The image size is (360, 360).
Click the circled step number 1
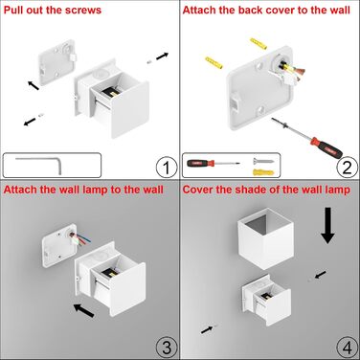click(167, 167)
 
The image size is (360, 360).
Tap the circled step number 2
click(347, 167)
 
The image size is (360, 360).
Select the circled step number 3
click(167, 348)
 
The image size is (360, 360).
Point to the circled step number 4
click(347, 348)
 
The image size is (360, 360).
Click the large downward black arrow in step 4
click(327, 225)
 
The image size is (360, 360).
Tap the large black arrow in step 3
click(84, 310)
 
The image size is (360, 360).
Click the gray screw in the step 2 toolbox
click(263, 161)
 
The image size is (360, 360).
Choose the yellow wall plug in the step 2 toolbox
click(263, 172)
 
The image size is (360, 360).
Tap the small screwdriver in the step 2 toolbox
click(214, 164)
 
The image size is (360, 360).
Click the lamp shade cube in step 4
click(265, 238)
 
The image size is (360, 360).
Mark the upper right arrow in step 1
click(162, 56)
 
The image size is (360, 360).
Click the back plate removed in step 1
click(57, 62)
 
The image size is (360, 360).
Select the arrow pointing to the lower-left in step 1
click(30, 122)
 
